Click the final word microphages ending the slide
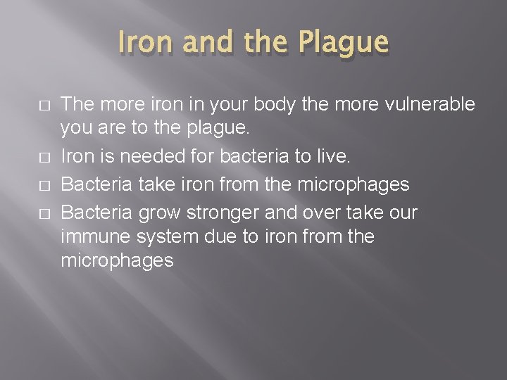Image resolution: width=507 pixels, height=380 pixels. pos(117,261)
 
